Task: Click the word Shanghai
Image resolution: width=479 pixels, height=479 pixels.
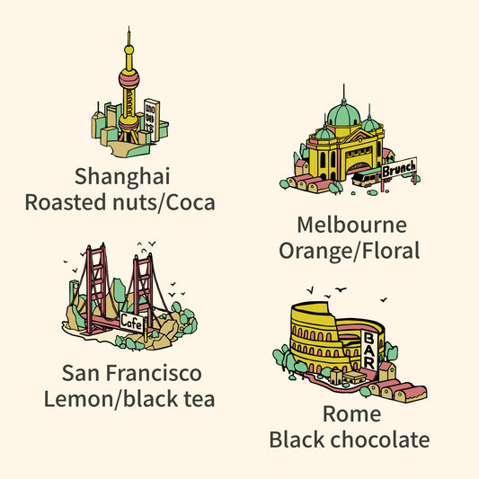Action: [x=123, y=175]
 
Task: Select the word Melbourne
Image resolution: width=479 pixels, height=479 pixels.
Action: [x=351, y=224]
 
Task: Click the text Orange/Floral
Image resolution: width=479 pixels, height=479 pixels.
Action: [x=350, y=251]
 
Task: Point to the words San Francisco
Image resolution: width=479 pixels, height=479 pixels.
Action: [x=132, y=372]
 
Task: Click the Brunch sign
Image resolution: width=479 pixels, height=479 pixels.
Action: [x=398, y=168]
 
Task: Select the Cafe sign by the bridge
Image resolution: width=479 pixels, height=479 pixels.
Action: [x=132, y=321]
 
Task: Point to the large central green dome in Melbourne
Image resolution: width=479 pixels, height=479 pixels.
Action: [x=344, y=115]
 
